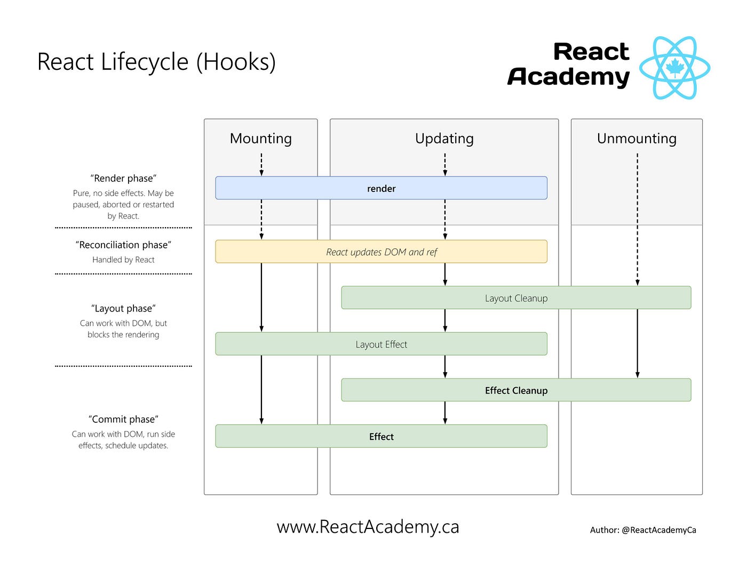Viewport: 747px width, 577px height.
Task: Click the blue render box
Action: [381, 188]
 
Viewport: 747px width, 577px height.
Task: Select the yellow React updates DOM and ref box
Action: [381, 252]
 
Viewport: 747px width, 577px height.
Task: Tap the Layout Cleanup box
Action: [516, 298]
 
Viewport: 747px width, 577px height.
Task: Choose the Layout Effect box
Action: [381, 344]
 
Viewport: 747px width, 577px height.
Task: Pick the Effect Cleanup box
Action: [516, 390]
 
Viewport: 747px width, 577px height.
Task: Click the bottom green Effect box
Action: [381, 437]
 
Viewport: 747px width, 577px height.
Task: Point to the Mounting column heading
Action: [260, 139]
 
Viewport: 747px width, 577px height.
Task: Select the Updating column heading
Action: [444, 139]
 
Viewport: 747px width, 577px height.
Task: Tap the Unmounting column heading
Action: [637, 139]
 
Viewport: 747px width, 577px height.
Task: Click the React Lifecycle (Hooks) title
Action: [156, 62]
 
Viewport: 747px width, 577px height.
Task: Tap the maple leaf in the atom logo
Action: [675, 67]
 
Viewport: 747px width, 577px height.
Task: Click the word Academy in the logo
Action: [569, 77]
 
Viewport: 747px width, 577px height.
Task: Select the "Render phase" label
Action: [123, 178]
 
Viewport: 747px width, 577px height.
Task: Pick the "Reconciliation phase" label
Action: [123, 245]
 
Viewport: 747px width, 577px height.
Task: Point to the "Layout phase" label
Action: [123, 308]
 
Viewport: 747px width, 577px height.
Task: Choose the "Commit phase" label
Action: [123, 419]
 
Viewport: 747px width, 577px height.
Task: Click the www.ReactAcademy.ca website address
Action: [368, 527]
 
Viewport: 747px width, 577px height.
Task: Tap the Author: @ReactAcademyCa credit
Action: [643, 530]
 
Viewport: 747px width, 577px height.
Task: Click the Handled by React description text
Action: [123, 260]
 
